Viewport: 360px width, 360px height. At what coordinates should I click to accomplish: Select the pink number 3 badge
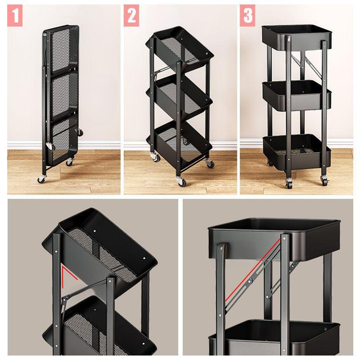click(248, 16)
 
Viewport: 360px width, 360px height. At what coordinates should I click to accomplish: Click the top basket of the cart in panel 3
click(296, 38)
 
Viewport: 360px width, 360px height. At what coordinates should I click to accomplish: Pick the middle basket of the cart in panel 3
click(296, 95)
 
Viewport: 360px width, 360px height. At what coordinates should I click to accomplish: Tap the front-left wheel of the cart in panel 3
click(289, 183)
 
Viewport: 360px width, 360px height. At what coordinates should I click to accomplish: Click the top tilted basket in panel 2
click(180, 49)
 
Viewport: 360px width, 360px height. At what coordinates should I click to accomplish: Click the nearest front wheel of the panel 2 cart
click(180, 181)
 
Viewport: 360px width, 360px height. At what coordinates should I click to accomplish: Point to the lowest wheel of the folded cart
click(41, 179)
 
